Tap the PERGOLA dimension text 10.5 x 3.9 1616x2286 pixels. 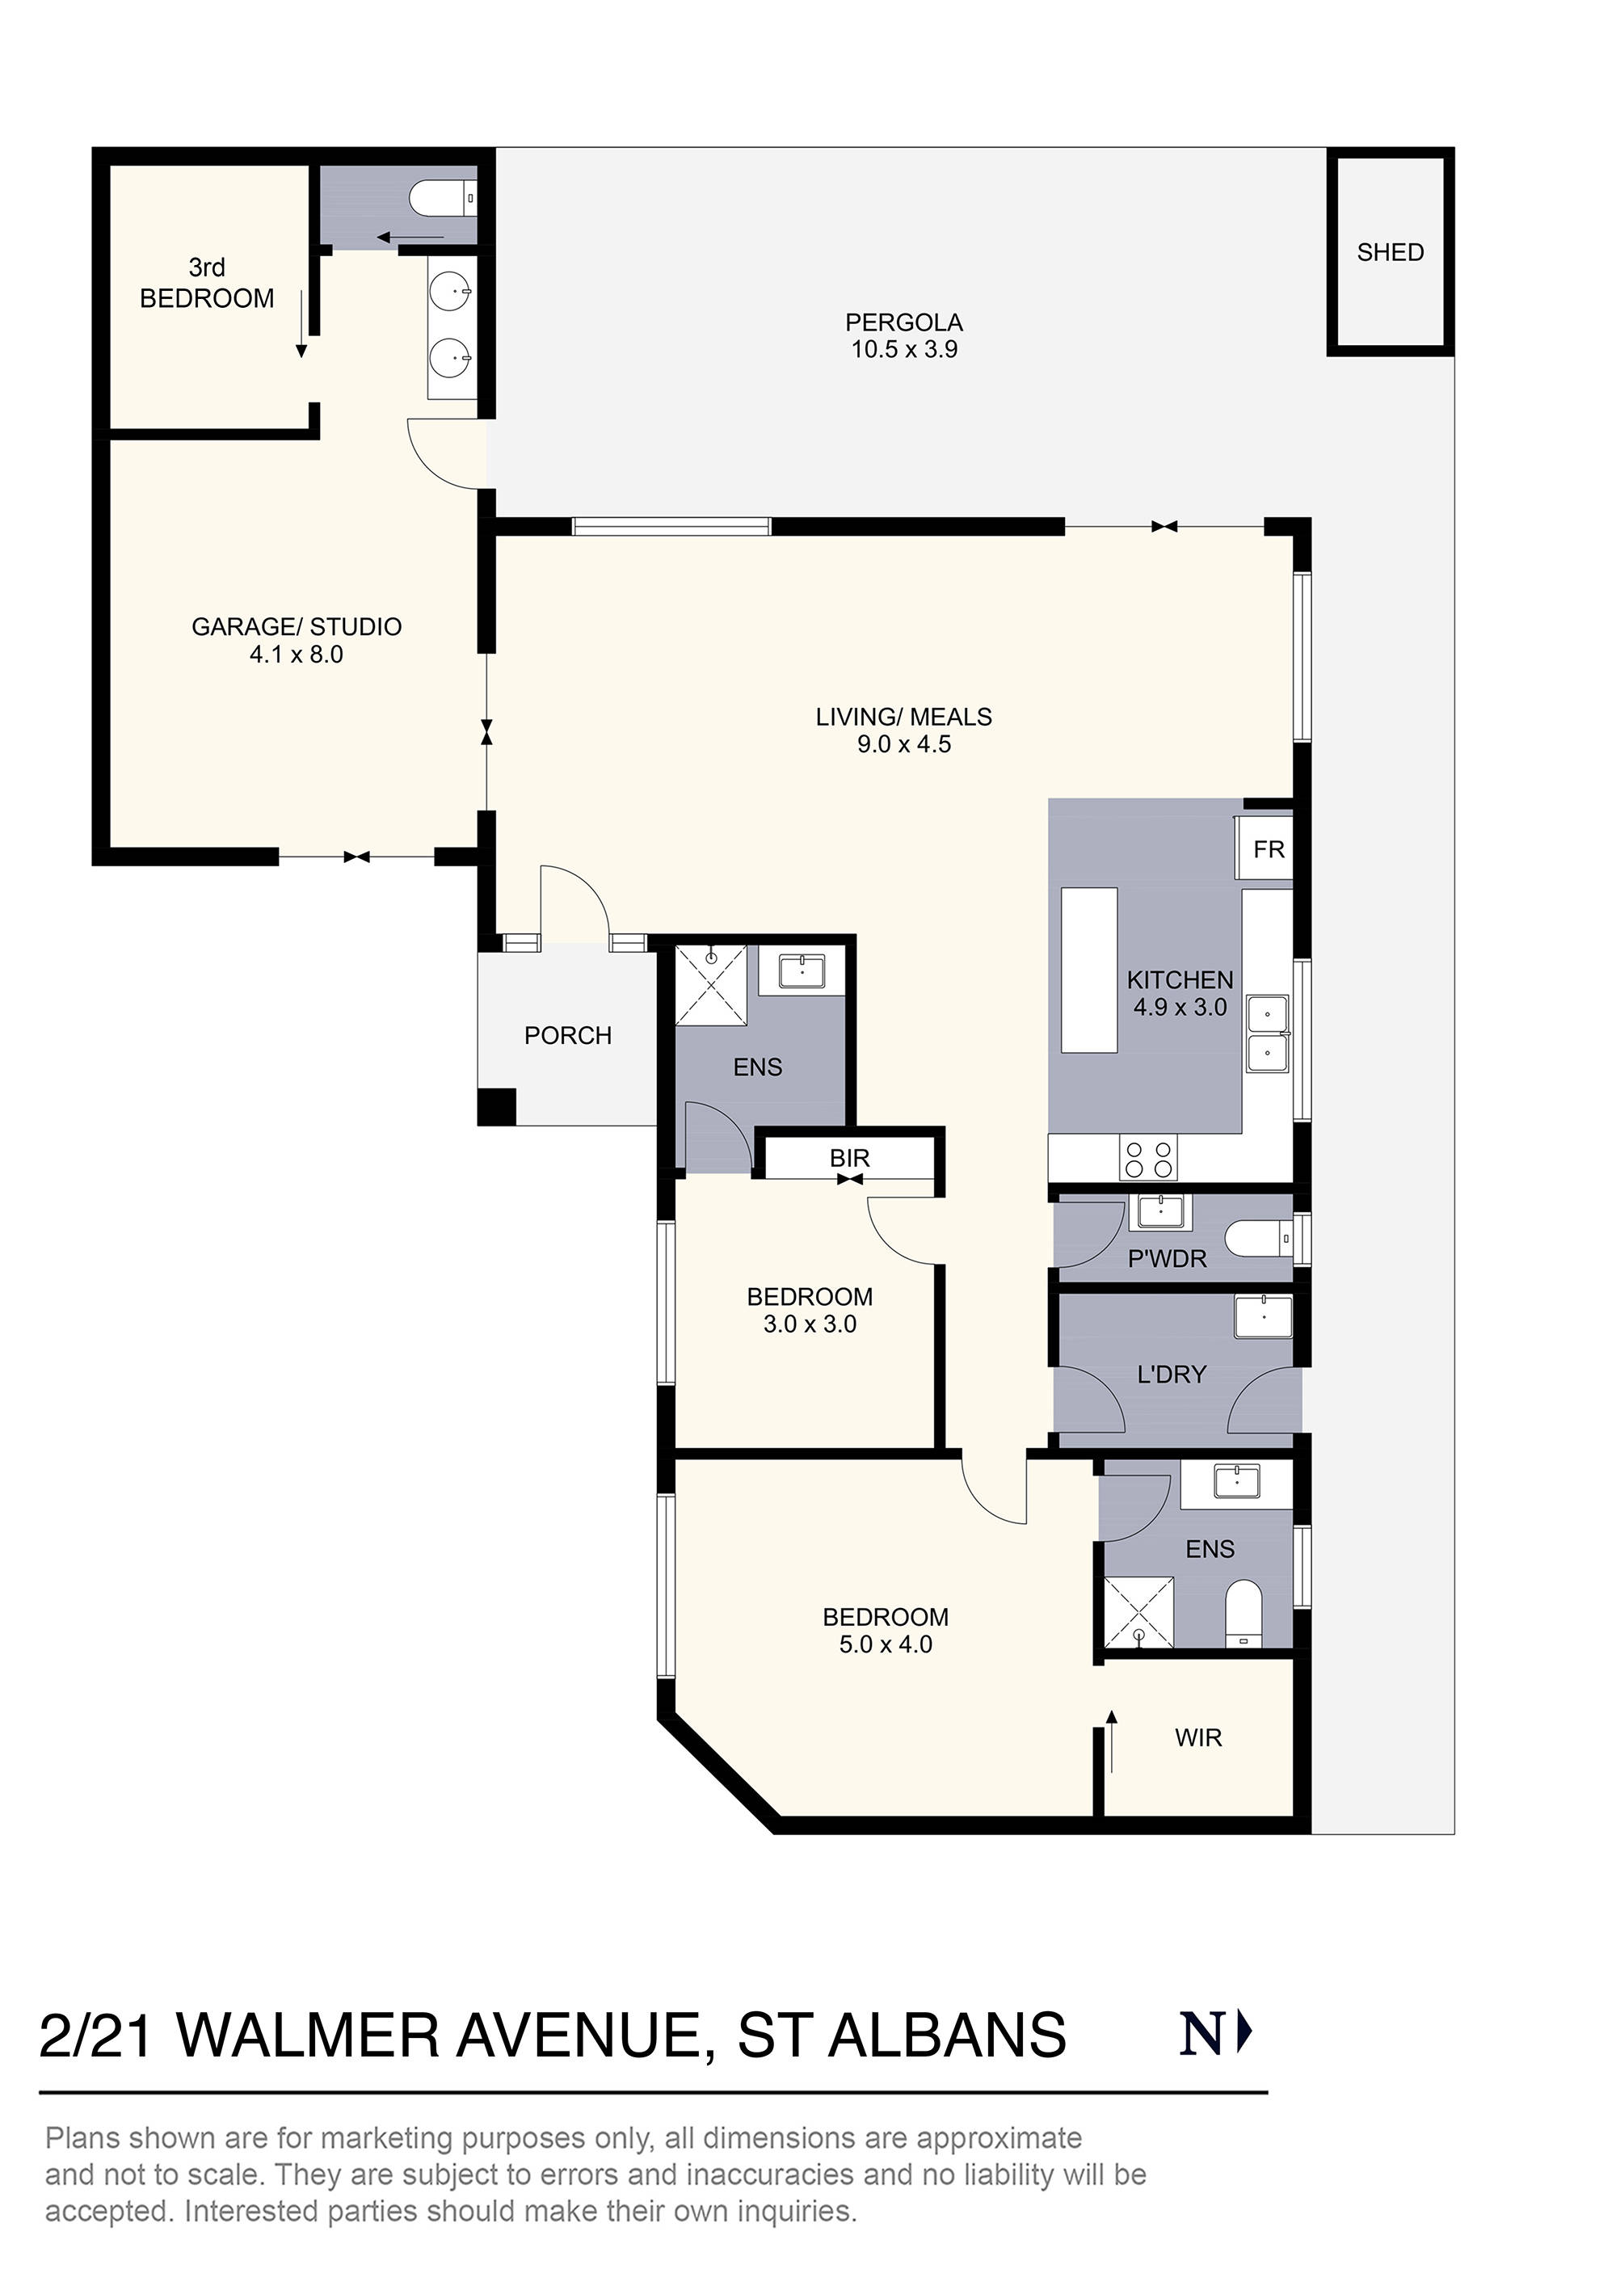903,349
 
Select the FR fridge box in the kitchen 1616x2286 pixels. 1268,849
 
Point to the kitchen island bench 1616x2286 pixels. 1088,970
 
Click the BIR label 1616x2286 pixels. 849,1158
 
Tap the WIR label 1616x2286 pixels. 1197,1737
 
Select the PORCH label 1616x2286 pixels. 567,1035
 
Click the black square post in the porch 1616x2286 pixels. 497,1106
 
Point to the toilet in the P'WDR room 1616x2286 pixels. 1257,1240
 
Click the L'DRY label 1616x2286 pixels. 1171,1375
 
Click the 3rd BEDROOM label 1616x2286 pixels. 206,283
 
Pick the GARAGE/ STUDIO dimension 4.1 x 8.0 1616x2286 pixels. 296,655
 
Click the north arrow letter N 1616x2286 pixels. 1200,2034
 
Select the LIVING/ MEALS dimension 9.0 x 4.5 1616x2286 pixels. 903,745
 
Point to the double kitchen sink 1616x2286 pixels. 1268,1034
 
